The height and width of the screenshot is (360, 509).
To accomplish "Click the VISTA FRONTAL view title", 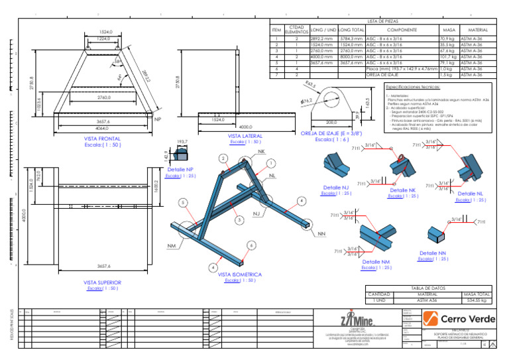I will pos(101,139).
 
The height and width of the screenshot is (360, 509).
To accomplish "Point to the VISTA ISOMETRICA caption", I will pos(240,274).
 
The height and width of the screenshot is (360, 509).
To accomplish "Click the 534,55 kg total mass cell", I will pos(477,300).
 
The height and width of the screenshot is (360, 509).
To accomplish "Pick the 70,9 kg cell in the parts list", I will pos(447,40).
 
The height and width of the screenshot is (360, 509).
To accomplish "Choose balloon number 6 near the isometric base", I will pos(251,245).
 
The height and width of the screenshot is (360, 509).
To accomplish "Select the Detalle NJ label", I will pos(335,188).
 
